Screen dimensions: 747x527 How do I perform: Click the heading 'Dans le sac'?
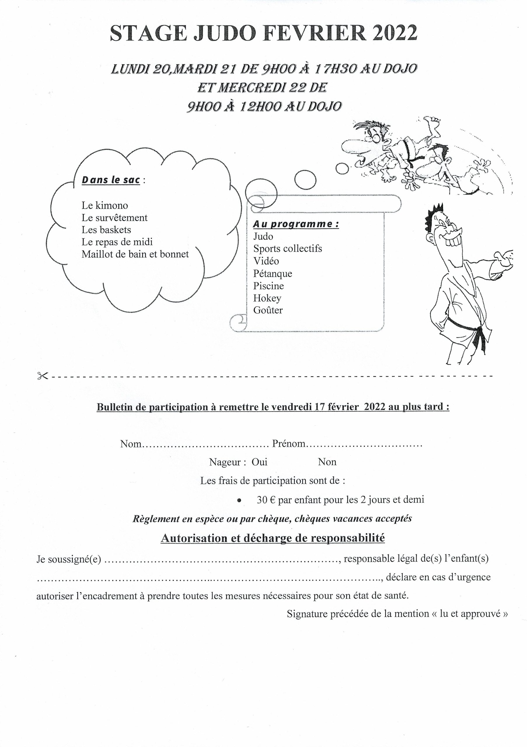111,180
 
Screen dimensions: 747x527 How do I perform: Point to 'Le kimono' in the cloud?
105,205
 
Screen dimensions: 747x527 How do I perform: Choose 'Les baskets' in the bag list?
107,230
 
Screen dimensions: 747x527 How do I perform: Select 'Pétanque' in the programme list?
273,273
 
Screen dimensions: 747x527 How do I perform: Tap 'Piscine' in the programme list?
269,286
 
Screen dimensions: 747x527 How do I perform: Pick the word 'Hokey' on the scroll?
267,298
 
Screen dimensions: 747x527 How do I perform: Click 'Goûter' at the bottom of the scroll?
268,310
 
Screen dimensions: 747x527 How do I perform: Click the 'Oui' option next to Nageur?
259,462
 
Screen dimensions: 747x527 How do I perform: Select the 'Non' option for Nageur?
327,462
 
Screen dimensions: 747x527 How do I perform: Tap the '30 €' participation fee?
266,500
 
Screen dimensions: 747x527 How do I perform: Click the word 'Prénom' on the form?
289,444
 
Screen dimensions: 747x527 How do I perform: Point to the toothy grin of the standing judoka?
453,242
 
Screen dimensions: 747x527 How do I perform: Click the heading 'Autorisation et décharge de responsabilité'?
273,538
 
